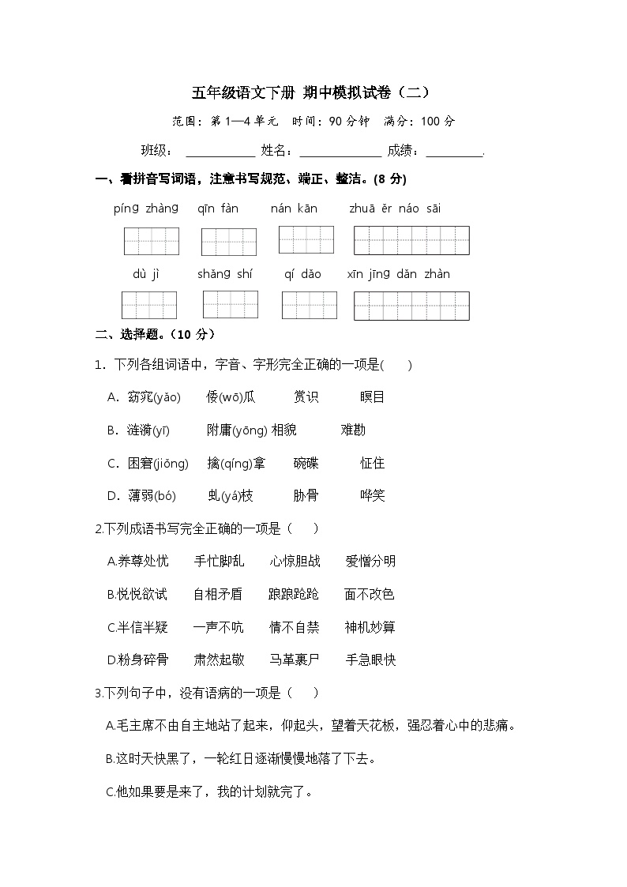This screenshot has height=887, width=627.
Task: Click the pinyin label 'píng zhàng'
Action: (146, 209)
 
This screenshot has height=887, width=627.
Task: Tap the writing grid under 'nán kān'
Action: (306, 239)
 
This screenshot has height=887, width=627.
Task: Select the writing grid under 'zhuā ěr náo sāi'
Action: (411, 240)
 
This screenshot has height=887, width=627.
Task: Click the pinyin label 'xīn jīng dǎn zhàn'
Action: (399, 274)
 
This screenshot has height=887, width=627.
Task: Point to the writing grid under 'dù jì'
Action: (149, 305)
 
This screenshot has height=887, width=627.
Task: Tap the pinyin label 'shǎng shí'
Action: (225, 274)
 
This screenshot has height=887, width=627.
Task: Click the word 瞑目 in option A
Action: (372, 397)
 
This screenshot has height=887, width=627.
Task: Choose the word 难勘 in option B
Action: (353, 430)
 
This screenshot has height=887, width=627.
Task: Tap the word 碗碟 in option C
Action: (306, 463)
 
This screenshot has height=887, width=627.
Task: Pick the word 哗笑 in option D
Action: (372, 495)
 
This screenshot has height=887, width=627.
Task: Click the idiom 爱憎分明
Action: (370, 561)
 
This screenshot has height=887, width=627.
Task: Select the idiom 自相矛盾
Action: (218, 594)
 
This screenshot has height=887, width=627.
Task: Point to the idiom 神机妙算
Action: (370, 627)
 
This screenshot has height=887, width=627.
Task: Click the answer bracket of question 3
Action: (303, 693)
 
